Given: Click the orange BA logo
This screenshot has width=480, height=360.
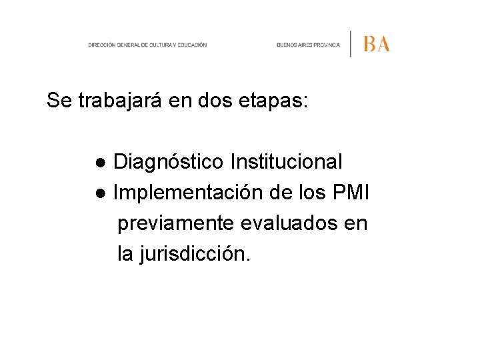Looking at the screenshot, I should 377,44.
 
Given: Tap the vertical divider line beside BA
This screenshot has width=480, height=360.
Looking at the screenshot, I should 351,44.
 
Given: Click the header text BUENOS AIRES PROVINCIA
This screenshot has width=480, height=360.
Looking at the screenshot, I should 308,45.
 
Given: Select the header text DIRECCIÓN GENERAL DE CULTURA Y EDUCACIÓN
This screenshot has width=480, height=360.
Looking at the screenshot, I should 147,45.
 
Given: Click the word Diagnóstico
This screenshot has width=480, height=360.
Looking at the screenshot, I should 169,162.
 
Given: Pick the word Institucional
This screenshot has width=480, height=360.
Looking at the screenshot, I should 286,162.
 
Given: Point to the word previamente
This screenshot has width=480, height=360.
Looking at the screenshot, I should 175,224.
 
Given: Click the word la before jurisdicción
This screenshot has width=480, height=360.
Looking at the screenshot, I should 125,255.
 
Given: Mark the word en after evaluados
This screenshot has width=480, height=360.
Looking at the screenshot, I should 355,224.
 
